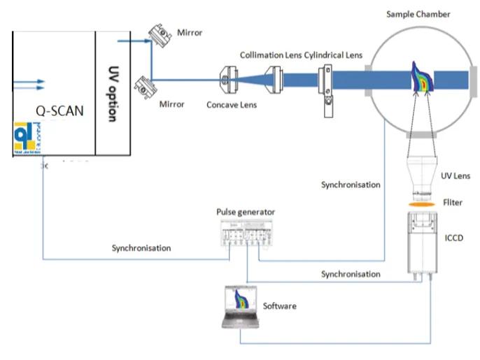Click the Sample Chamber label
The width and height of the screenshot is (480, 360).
[x=418, y=14]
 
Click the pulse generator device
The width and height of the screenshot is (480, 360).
[x=246, y=233]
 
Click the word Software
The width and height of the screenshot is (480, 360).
[x=280, y=306]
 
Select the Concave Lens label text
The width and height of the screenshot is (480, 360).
[x=232, y=105]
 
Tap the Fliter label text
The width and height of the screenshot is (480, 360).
[x=453, y=203]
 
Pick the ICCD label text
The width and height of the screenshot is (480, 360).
[x=454, y=238]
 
